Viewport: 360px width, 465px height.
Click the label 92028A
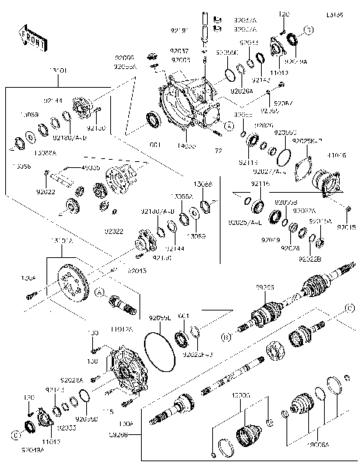pos(72,381)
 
